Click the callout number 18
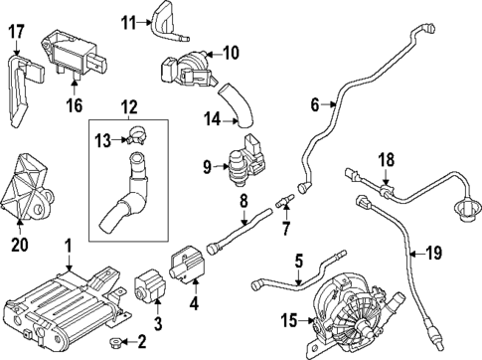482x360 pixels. coord(386,157)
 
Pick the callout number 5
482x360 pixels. coord(297,263)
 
